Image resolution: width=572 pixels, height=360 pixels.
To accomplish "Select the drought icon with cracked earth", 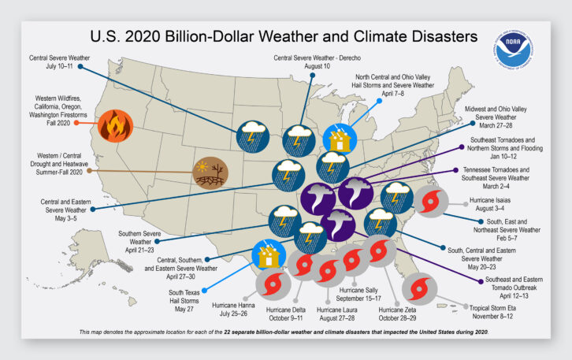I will (210, 174).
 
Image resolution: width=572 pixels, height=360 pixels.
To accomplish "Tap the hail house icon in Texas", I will (268, 256).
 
